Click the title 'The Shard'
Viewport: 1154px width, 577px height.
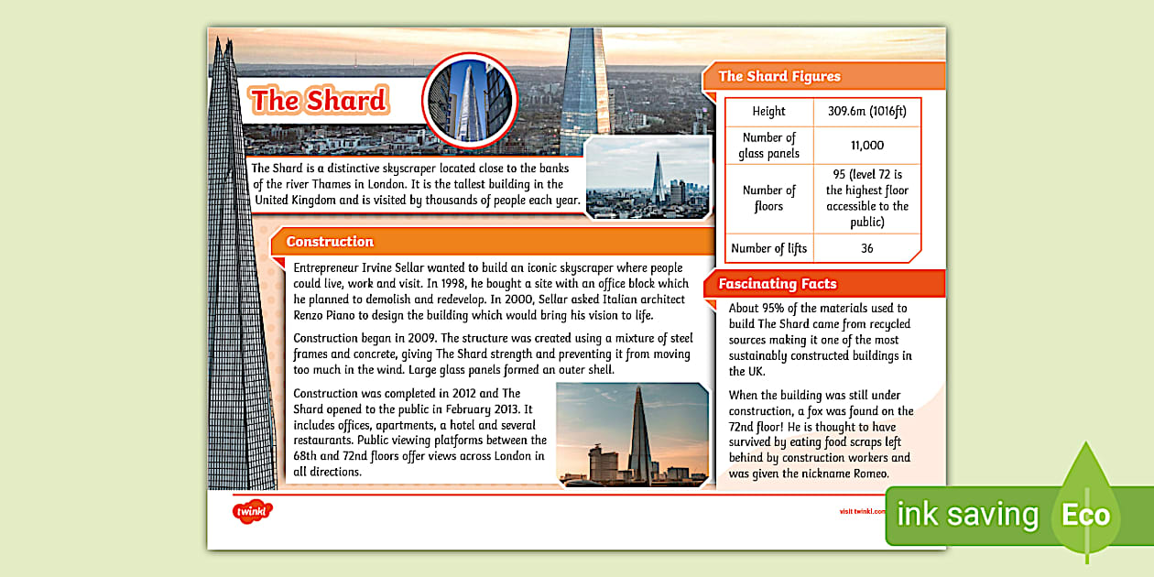(x=320, y=100)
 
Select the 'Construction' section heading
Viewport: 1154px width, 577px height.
(x=330, y=242)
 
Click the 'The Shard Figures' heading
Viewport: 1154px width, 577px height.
(x=778, y=76)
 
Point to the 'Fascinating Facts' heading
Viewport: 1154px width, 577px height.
(x=777, y=284)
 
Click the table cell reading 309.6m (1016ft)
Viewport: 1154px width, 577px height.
(x=866, y=112)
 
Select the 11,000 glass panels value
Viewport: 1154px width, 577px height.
(x=866, y=146)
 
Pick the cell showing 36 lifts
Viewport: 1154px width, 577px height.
(x=866, y=248)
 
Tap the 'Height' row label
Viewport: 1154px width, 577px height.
(x=768, y=112)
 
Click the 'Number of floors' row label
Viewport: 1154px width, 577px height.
(x=768, y=199)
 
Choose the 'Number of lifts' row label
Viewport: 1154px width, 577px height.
(x=768, y=248)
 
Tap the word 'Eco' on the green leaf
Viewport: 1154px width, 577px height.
(x=1085, y=515)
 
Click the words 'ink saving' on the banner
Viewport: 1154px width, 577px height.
(x=967, y=515)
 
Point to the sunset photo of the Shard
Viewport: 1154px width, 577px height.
(x=632, y=434)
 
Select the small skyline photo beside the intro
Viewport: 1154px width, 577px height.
(x=648, y=179)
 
